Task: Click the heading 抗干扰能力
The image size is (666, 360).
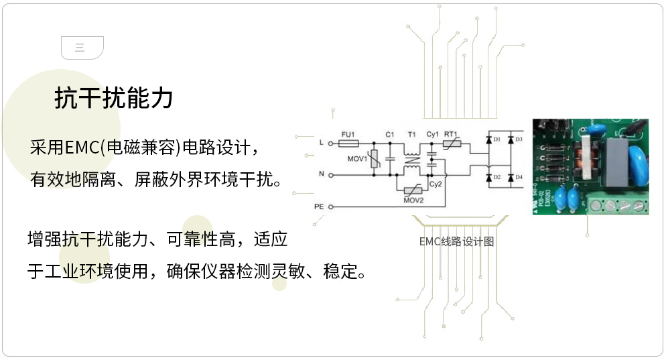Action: coord(113,99)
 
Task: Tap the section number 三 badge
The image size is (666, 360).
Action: coord(82,47)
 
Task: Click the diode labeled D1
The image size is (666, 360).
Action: coord(488,139)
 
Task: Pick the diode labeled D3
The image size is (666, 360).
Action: coord(511,139)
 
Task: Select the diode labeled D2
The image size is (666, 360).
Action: coord(488,178)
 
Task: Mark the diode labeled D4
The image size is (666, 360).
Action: coord(511,178)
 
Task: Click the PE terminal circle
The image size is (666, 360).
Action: coord(330,206)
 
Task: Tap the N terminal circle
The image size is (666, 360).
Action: coord(330,174)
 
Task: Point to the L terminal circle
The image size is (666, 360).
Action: coord(330,143)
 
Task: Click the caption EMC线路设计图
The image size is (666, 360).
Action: coord(456,242)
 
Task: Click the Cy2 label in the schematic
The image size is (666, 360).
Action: coord(435,183)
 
